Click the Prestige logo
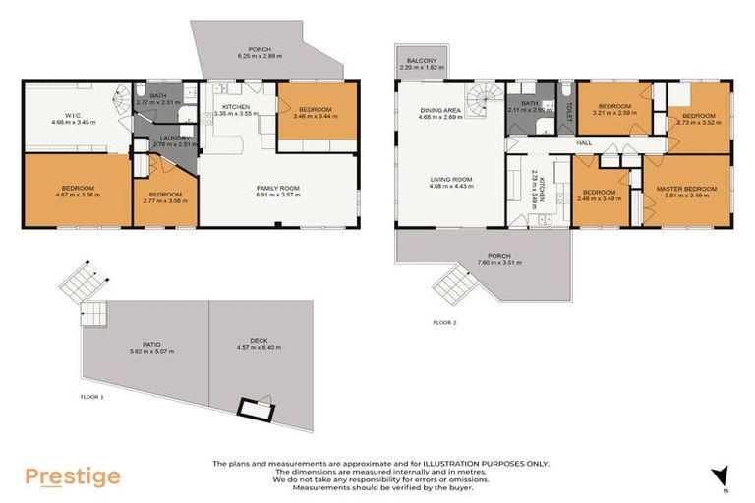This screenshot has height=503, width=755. point(73,476)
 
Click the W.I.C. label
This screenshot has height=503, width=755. point(65,115)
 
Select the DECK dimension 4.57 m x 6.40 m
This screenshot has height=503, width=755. point(259,348)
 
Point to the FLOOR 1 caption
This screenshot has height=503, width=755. point(94,397)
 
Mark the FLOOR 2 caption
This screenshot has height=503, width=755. point(444,322)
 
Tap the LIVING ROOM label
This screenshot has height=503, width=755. point(451,179)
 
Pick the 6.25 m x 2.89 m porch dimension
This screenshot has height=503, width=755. point(260,56)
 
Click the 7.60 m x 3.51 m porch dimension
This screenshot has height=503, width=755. point(482,263)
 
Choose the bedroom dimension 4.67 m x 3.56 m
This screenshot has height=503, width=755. point(78,195)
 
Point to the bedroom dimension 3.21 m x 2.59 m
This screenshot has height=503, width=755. point(614,113)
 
